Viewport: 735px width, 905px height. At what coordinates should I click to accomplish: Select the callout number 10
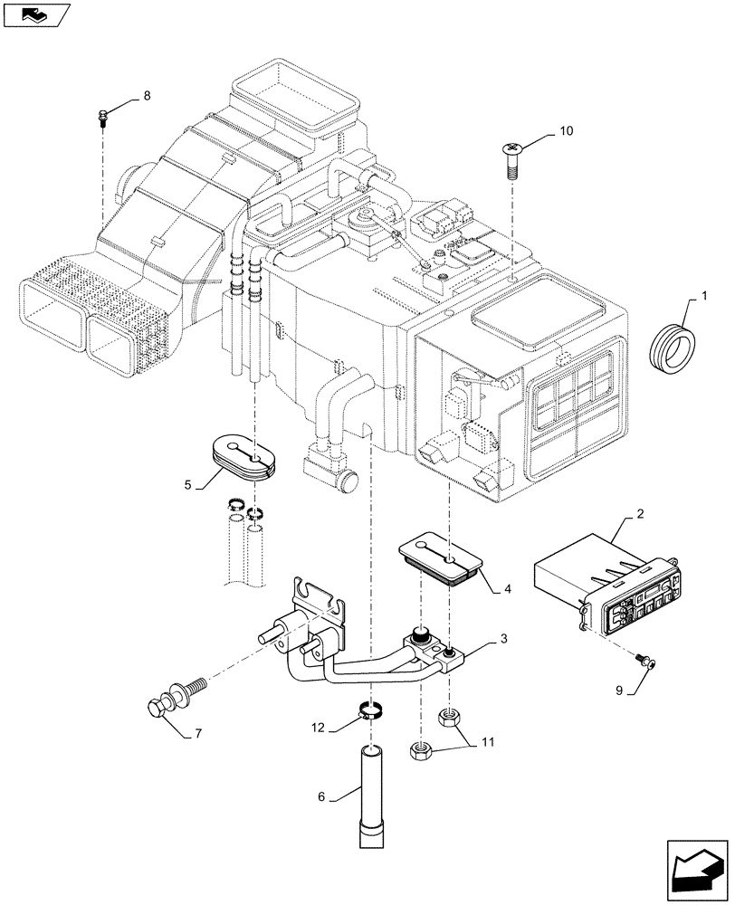click(x=566, y=132)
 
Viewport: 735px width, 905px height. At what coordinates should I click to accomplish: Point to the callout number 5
click(x=188, y=486)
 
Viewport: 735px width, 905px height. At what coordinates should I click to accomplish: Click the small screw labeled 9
click(x=647, y=662)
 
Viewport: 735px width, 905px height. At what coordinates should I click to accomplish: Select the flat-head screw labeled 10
click(x=511, y=161)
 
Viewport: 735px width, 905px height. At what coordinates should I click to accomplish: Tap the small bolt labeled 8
click(x=102, y=116)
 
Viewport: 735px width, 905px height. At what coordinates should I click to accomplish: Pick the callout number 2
click(x=639, y=514)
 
